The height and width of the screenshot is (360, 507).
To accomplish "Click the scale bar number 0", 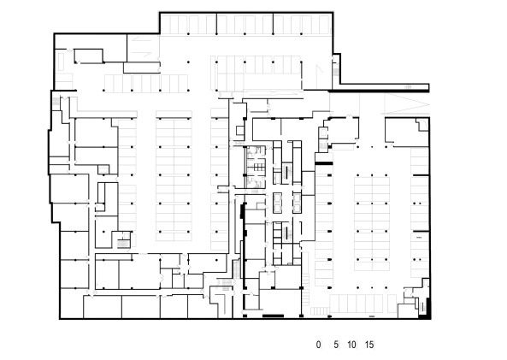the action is pos(319,345).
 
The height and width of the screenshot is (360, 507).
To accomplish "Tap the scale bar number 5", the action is pos(336,345).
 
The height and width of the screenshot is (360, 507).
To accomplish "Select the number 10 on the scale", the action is pos(351,345).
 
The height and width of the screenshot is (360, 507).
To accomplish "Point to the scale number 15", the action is pos(369,345).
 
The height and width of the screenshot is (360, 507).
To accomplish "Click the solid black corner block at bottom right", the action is pos(426,312).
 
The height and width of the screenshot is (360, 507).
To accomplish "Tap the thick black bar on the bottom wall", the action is pos(273,316).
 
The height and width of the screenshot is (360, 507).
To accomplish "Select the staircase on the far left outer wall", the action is pos(56,101).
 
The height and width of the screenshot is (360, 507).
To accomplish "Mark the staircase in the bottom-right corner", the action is pos(422,305).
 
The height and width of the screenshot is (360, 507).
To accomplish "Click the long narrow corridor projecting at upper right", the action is pos(385,87).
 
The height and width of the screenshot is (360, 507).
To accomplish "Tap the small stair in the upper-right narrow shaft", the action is pos(336,72).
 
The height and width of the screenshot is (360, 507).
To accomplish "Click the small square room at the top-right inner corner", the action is pos(422,125).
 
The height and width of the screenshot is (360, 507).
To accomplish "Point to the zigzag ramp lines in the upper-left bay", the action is pos(142,47).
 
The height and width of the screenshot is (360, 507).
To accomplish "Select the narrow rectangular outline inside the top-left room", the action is pos(61,61).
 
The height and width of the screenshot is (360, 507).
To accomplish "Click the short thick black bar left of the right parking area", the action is pos(324,163).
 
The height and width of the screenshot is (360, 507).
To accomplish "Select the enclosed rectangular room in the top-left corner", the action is pos(88,56).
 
